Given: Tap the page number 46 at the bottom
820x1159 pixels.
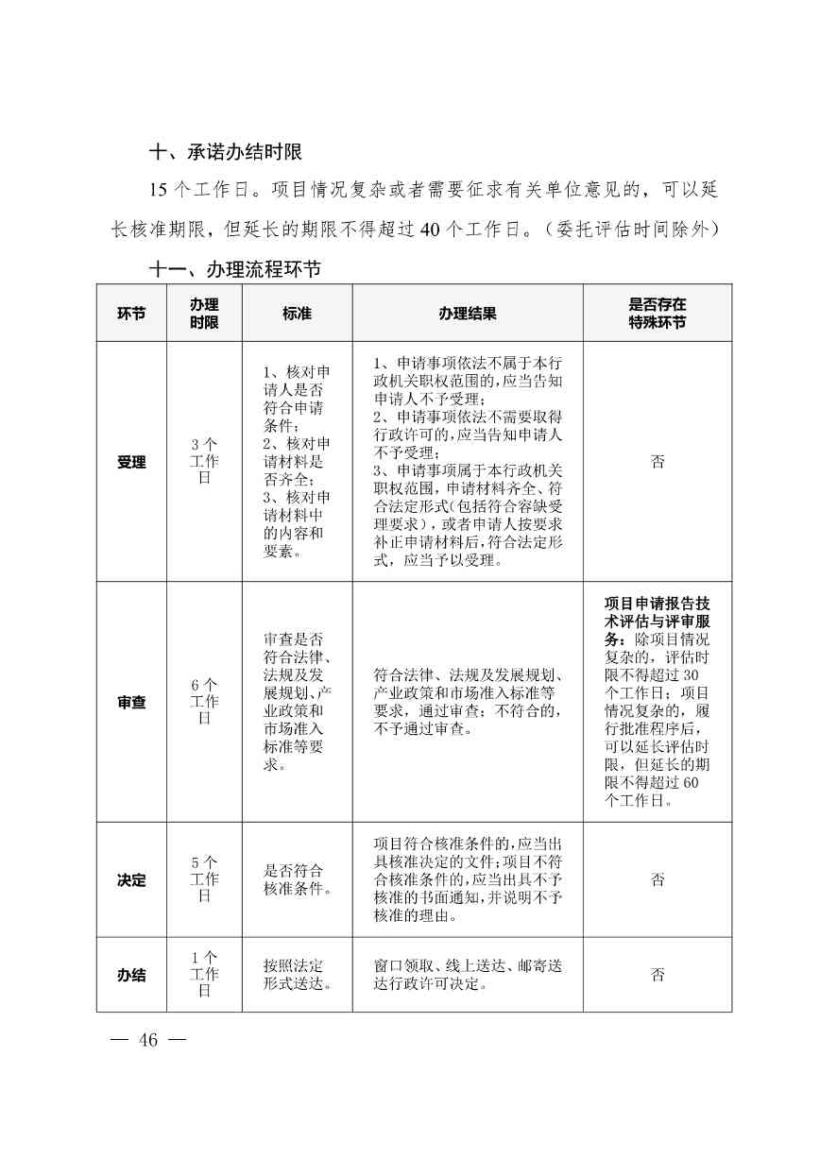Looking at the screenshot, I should click(148, 1040).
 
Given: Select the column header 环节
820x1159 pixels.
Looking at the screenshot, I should click(131, 314).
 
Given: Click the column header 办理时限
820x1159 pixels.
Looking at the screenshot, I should click(204, 314).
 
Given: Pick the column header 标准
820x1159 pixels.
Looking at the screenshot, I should click(297, 314).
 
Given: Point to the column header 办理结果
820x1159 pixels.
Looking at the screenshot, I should click(467, 314).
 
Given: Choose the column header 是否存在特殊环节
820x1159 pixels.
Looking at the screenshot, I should click(658, 314).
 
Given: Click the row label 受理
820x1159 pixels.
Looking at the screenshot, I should click(131, 462).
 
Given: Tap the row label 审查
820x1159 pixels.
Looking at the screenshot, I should click(131, 703).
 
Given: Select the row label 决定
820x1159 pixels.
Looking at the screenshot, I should click(131, 880).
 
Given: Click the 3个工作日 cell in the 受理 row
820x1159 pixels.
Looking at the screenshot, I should click(204, 461).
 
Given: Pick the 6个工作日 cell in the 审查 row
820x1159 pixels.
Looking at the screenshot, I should click(204, 702).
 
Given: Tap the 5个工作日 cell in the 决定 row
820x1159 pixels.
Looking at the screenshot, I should click(204, 879).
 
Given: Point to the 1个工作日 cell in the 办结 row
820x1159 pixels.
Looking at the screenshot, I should click(204, 975).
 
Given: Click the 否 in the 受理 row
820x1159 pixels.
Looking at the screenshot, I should click(658, 462).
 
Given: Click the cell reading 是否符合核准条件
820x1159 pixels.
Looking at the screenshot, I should click(297, 880).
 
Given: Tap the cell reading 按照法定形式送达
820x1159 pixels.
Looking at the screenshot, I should click(297, 975).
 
